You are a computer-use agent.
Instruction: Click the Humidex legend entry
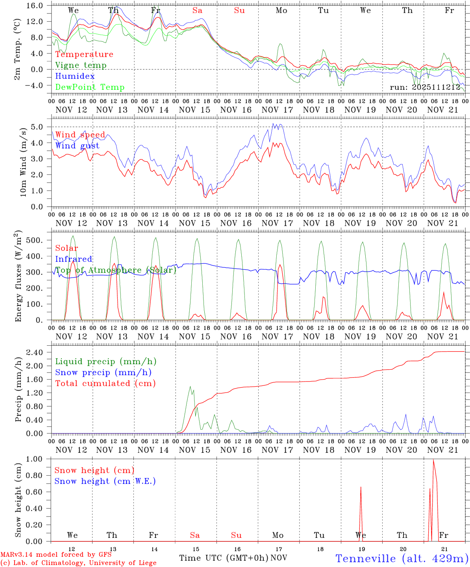coord(75,76)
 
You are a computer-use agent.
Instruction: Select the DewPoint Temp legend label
coord(90,87)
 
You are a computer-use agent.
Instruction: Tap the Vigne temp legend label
coord(81,65)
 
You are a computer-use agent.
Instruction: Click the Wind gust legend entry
coord(77,146)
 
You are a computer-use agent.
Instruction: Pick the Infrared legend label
coord(74,259)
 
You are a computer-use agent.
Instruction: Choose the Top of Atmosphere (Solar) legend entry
coord(115,270)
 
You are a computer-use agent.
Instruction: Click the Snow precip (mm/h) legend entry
coord(103,372)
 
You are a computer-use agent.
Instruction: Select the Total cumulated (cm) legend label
coord(105,383)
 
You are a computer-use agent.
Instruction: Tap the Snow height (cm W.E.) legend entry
coord(105,481)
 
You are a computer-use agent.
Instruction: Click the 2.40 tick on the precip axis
coord(39,352)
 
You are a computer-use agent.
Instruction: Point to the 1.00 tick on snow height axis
coord(39,459)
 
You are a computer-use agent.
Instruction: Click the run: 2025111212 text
coord(425,87)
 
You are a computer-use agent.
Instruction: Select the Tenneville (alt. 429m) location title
coord(402,558)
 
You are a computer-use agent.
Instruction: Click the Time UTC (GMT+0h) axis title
coord(224,558)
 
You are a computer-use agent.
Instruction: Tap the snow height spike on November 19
coord(361,512)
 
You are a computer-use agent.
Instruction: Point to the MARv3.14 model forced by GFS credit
coord(56,555)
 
